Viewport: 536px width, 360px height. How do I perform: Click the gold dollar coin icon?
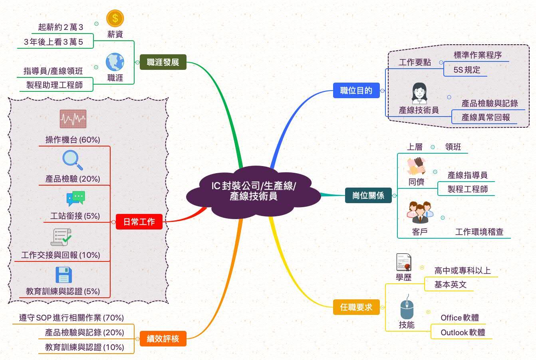(x=115, y=18)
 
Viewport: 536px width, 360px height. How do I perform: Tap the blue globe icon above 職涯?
(x=115, y=62)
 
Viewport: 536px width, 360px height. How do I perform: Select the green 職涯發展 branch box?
(x=163, y=62)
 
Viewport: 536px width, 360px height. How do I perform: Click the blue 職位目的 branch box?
(x=356, y=90)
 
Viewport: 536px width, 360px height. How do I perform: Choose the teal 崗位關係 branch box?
(x=368, y=195)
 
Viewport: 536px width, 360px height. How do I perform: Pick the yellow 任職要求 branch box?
(x=356, y=307)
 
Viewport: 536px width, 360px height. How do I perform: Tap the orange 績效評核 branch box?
(x=163, y=339)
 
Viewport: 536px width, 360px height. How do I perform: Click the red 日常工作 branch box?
(x=139, y=222)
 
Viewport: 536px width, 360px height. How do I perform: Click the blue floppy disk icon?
(x=64, y=275)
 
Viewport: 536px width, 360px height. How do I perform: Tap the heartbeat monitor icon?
(x=73, y=119)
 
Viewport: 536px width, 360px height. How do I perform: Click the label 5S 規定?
(x=467, y=70)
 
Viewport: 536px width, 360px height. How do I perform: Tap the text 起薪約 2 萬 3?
(x=61, y=27)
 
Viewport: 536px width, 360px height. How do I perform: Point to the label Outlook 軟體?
(x=463, y=332)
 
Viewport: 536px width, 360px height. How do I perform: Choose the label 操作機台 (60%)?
(x=73, y=140)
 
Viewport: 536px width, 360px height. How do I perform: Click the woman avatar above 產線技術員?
(x=419, y=93)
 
